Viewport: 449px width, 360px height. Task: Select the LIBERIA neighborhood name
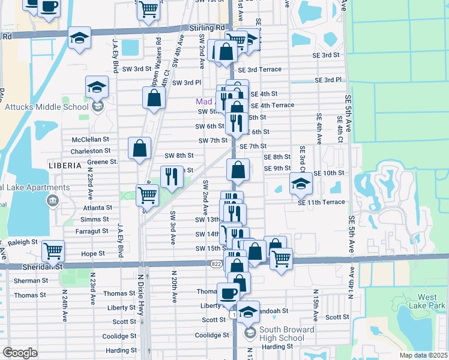[65, 165]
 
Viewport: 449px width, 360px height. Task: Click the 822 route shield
[216, 263]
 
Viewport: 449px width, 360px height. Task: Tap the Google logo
[20, 353]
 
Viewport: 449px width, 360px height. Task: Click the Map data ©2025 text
[423, 355]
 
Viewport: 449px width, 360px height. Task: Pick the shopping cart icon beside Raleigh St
[53, 251]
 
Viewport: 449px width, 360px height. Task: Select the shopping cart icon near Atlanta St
[147, 195]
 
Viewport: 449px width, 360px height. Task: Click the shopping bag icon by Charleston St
[139, 149]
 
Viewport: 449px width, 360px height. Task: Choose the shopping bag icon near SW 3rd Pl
[154, 98]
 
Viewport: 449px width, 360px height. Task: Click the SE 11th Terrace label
[322, 202]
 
